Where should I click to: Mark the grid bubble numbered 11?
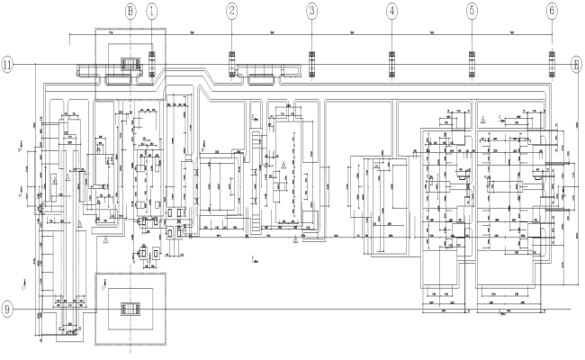click(x=8, y=65)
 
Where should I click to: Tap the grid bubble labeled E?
click(x=577, y=65)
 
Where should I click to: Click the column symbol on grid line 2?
click(x=232, y=65)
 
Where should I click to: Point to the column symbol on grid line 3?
click(x=312, y=65)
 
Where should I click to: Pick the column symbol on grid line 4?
click(x=392, y=65)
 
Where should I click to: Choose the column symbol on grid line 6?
click(x=552, y=65)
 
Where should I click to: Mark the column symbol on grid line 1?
click(x=152, y=65)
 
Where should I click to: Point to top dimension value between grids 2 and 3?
click(x=272, y=32)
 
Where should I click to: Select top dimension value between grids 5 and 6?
click(x=512, y=32)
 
